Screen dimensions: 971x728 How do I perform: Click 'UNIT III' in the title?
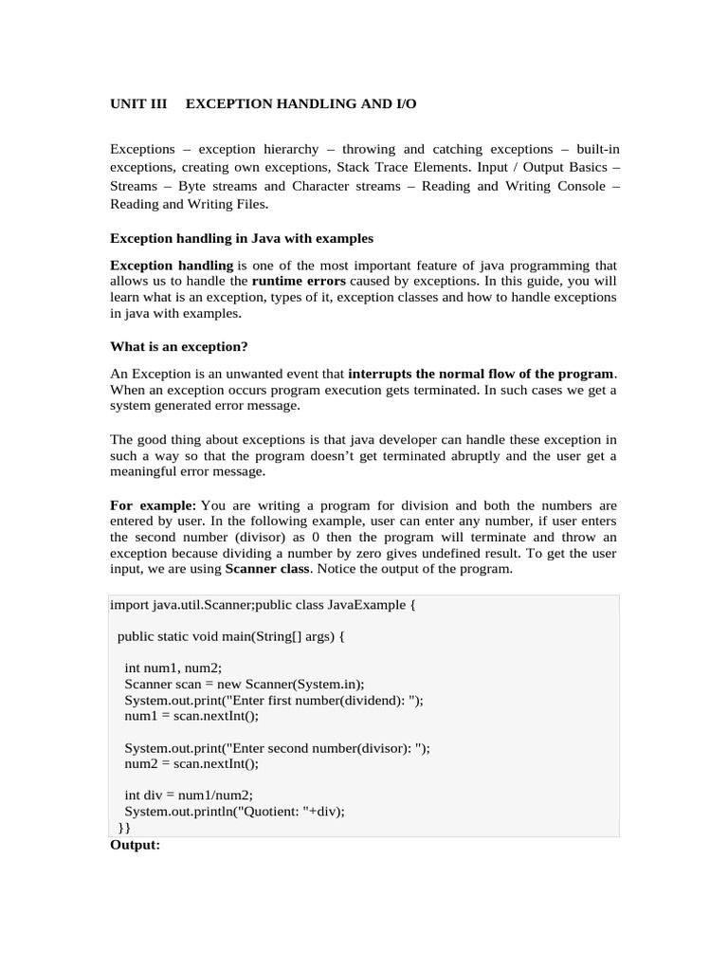pos(138,103)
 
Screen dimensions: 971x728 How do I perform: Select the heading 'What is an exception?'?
pos(179,346)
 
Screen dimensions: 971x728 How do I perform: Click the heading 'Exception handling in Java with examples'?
pos(242,238)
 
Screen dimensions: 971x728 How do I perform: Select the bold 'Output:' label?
pos(136,844)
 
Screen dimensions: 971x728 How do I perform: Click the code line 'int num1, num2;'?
pos(173,668)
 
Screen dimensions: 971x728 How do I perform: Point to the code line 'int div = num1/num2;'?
pos(189,795)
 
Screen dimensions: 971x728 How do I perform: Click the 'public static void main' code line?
pos(231,636)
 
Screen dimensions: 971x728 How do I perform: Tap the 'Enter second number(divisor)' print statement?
pos(277,747)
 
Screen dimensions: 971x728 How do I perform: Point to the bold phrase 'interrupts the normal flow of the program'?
pos(482,373)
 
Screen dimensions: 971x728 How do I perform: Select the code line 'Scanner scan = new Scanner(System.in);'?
pos(244,684)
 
